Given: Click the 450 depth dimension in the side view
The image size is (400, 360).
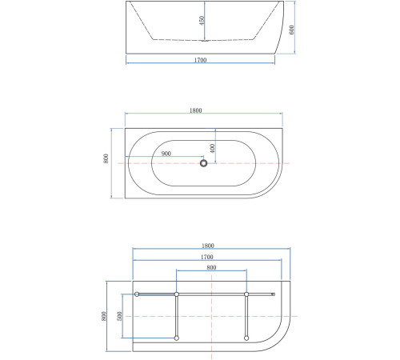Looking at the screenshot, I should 202,20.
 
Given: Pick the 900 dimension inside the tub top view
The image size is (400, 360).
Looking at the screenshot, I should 166,154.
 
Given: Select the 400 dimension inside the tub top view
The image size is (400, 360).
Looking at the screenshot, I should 213,148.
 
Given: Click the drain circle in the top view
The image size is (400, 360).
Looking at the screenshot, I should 206,163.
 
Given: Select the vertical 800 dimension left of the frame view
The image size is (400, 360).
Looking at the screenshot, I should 105,316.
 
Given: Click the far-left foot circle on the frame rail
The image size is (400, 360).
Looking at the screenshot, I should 138,294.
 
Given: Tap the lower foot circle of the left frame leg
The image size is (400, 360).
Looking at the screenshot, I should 176,339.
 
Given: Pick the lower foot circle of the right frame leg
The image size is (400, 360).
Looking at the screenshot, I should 246,339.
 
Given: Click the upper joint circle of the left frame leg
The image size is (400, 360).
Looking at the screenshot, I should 176,294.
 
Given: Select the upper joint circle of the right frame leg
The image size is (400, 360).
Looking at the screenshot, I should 246,294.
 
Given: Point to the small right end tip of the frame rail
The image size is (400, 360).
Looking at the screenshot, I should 274,294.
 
